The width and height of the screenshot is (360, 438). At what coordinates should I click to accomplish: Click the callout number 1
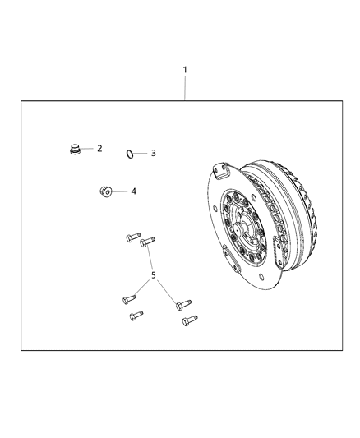[185, 70]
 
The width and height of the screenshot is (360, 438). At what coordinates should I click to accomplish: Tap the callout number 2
[99, 148]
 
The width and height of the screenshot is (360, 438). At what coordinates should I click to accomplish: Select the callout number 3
[154, 153]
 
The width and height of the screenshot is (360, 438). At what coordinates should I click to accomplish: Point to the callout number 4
[134, 191]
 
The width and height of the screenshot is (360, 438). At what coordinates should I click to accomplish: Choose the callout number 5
[154, 275]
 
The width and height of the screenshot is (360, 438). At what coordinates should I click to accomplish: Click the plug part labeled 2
[75, 150]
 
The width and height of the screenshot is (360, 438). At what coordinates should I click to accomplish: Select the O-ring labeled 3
[129, 154]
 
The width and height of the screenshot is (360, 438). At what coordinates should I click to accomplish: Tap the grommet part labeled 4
[106, 191]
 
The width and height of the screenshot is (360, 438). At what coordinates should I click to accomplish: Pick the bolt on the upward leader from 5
[147, 242]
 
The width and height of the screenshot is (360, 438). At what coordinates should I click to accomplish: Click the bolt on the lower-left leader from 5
[129, 299]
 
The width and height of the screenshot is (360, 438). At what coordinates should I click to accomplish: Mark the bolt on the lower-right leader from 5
[183, 305]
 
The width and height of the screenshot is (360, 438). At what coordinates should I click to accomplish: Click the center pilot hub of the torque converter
[239, 228]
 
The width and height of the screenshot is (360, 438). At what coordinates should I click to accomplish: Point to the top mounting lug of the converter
[221, 171]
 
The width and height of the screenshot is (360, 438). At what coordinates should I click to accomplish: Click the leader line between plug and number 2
[87, 149]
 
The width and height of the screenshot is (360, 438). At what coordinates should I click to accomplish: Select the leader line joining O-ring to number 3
[140, 154]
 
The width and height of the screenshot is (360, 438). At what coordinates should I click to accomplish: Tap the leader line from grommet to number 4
[120, 191]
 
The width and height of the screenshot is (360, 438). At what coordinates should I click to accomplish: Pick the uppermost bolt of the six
[133, 237]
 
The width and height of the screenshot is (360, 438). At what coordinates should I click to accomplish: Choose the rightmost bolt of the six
[190, 320]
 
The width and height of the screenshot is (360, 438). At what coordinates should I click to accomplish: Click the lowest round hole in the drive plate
[261, 277]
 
